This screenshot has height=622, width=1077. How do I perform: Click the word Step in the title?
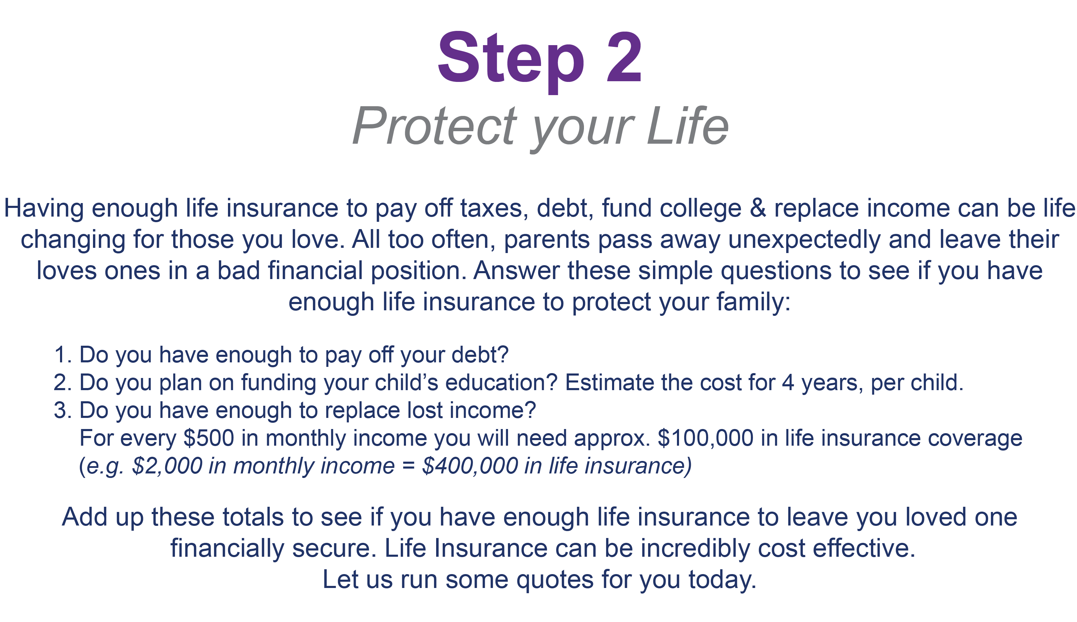point(511,62)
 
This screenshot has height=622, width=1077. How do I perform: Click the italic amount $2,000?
point(167,466)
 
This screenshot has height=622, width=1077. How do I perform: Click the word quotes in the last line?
point(555,580)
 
